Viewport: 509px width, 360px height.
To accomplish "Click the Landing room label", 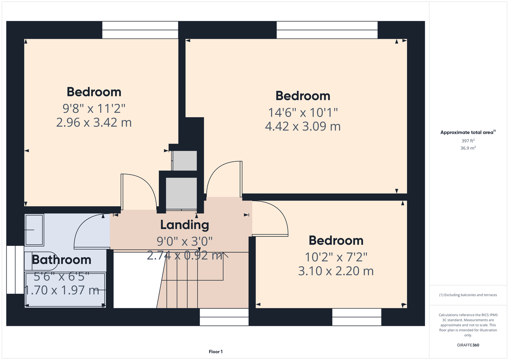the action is (184, 225).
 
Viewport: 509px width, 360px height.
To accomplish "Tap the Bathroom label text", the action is (61, 260).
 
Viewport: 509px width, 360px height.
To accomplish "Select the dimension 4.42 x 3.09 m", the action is (303, 126).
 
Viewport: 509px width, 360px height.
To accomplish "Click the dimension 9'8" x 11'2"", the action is (94, 108).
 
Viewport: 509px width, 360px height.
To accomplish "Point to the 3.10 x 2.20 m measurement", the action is (336, 271).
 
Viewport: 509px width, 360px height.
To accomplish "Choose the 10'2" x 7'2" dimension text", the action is (336, 257).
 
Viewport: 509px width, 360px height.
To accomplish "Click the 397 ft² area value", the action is (468, 141).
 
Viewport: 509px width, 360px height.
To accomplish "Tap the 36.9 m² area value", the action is (468, 148).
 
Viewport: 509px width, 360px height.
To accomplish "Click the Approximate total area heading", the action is (468, 132).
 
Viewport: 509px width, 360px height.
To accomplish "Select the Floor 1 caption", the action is (216, 352).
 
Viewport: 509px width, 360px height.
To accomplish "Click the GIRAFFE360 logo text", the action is (468, 345).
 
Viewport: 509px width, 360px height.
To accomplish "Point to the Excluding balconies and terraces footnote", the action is (468, 295).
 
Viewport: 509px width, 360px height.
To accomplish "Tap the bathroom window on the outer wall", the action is (15, 270).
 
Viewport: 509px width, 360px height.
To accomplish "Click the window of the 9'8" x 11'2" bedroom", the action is (140, 30).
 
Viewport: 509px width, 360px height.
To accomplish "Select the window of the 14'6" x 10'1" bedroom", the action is (327, 30).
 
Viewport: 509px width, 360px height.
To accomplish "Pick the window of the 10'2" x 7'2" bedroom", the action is (357, 317).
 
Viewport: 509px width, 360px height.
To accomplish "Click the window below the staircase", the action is (224, 317).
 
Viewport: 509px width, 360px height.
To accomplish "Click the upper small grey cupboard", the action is (184, 161).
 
